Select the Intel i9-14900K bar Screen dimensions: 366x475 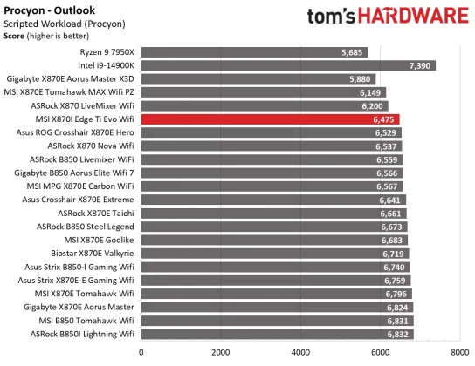[x=288, y=65]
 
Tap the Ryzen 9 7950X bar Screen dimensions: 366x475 [x=253, y=52]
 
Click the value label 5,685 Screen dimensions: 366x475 [x=354, y=52]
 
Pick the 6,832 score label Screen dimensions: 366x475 [x=398, y=334]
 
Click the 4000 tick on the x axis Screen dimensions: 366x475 [x=300, y=352]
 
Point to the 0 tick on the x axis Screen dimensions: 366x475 [x=141, y=352]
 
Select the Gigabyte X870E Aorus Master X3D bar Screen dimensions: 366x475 [x=258, y=78]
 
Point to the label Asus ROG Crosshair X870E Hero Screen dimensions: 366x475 [x=75, y=132]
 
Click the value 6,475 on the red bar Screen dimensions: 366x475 [x=384, y=118]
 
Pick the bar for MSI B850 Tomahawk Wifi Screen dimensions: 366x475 [x=275, y=321]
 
